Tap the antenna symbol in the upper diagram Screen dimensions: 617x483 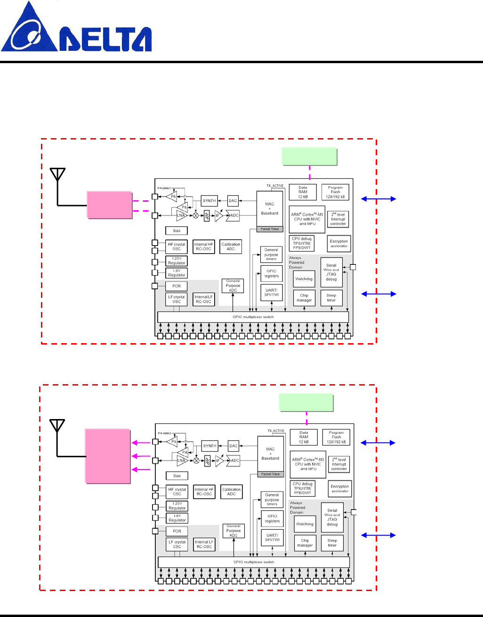[x=57, y=175]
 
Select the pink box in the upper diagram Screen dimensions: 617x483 [x=109, y=205]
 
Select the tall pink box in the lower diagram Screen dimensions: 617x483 [x=107, y=456]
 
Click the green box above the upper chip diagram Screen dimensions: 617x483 [x=309, y=156]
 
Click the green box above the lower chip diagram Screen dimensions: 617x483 [x=306, y=403]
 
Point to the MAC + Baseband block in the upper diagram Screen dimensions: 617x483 [x=270, y=209]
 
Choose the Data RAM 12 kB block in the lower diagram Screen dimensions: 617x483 [x=304, y=437]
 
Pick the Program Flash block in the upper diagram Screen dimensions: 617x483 [x=335, y=192]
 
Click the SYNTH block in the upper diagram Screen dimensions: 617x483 [x=209, y=201]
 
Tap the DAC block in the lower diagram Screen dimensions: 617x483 [x=233, y=445]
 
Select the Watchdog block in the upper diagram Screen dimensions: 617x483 [x=304, y=279]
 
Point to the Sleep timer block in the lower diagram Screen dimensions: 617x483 [x=332, y=543]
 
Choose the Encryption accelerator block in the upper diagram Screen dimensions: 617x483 [x=339, y=244]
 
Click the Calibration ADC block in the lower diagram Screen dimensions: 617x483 [x=232, y=492]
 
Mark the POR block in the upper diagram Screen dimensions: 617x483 [x=177, y=286]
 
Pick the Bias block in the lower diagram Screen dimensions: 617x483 [x=177, y=476]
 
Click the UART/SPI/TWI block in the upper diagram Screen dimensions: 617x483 [x=272, y=292]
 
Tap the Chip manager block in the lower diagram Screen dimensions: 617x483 [x=305, y=543]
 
